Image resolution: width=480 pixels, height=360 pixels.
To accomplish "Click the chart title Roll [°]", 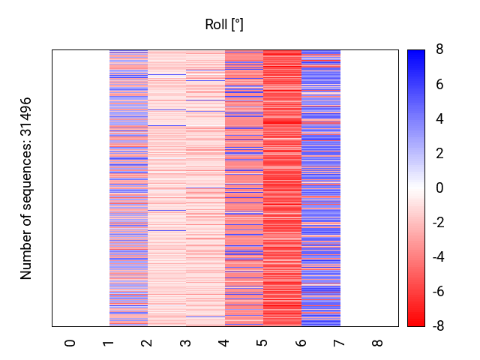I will click(x=224, y=25).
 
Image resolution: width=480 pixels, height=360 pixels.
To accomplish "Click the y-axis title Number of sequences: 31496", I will click(x=27, y=188).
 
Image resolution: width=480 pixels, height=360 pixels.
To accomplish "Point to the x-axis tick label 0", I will click(x=70, y=343).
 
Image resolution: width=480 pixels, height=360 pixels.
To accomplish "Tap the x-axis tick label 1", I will click(x=109, y=343).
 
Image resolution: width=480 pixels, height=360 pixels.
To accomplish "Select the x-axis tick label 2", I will click(x=147, y=343).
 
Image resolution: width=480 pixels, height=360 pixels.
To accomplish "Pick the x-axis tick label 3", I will click(x=186, y=343).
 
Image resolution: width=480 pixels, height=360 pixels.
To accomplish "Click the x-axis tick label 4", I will click(x=224, y=343).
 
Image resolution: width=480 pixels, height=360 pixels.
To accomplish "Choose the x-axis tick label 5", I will click(x=262, y=343).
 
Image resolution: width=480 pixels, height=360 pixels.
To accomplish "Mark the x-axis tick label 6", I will click(x=301, y=343).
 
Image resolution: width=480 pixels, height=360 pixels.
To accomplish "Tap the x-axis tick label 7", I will click(x=340, y=343).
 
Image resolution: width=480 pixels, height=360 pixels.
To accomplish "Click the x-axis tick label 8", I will click(x=378, y=343).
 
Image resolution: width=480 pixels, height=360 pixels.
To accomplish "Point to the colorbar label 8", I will click(x=439, y=50).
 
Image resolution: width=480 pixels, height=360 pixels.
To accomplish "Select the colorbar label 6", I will click(x=439, y=85).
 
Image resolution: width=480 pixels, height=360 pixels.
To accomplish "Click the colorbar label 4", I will click(x=439, y=119).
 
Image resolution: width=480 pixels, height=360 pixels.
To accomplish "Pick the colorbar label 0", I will click(x=439, y=188).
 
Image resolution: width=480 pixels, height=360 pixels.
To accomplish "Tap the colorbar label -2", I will click(x=437, y=223).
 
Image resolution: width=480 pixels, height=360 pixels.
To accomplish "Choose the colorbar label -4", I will click(x=437, y=257).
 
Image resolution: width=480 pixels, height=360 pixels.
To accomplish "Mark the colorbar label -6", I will click(x=437, y=292).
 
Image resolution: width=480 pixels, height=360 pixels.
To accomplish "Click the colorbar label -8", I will click(x=437, y=325).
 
